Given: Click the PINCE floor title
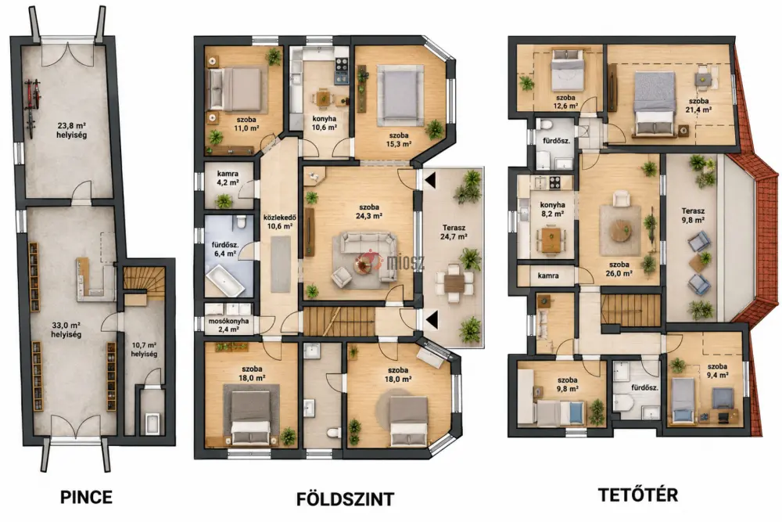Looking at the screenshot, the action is [x=86, y=497].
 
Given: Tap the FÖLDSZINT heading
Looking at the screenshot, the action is [x=345, y=499].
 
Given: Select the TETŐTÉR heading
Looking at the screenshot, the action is [x=638, y=495].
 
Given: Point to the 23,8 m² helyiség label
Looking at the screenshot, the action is [x=72, y=130].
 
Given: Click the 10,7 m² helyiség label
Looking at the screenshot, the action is [x=144, y=349].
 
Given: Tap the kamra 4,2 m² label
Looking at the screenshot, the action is [x=228, y=178].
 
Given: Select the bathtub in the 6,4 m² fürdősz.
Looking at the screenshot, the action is [x=225, y=282].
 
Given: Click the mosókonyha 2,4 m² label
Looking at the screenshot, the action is [x=228, y=325].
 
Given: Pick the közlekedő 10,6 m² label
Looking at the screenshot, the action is [x=280, y=221].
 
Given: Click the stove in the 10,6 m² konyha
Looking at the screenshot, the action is [x=341, y=70].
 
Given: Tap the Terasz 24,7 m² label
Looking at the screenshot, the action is [x=454, y=232].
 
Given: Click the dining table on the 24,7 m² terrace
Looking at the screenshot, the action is [x=454, y=283].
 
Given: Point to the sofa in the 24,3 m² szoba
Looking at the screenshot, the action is [x=370, y=254].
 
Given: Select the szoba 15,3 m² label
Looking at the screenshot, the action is [x=399, y=139].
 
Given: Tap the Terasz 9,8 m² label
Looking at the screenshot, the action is [x=693, y=215].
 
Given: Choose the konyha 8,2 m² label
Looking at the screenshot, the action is [x=553, y=209].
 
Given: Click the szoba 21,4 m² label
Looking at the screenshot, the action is [x=698, y=106].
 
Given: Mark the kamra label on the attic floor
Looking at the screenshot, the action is [x=548, y=275].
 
